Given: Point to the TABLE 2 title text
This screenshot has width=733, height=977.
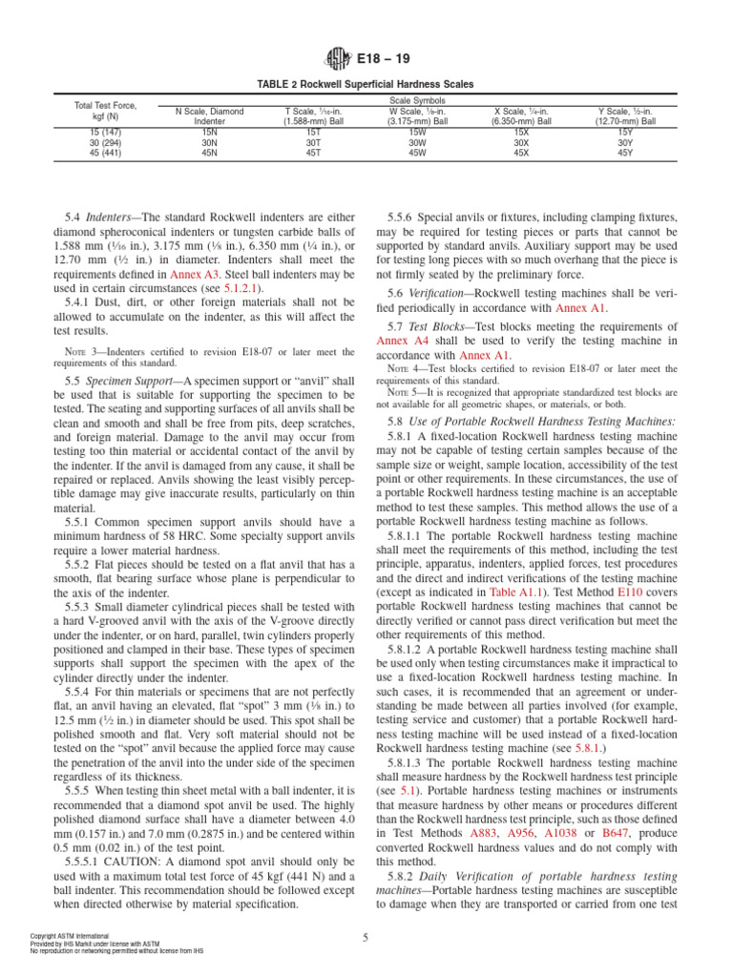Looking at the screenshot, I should coord(366,85).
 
